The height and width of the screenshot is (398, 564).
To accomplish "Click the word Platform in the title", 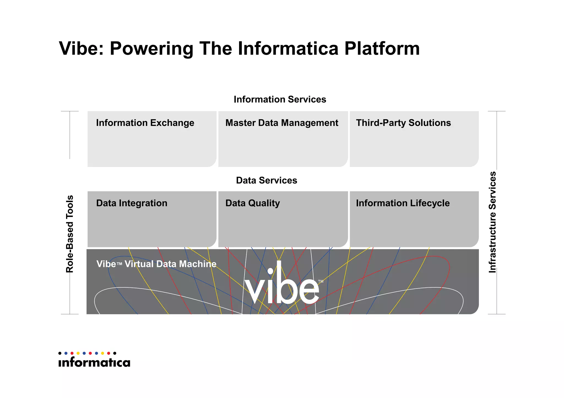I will pos(382,48).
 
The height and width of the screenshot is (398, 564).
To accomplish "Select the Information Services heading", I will pos(280,99).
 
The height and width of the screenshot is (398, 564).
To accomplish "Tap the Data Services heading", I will pos(266,180).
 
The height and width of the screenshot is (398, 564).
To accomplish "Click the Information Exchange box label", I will pos(145,123).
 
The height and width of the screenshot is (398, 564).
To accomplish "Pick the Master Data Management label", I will pos(281,123).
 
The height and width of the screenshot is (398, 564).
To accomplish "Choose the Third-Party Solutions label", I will pos(403,123).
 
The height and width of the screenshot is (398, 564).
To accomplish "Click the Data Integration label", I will pos(132,203).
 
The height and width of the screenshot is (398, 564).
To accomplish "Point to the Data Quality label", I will pos(252,203).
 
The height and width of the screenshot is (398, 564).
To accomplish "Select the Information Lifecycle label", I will pos(403,203).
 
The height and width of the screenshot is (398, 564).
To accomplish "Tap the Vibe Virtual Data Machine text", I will pos(156,264).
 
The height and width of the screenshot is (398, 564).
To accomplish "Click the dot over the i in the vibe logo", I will pos(270,271).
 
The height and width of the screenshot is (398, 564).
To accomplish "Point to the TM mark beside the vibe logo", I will pos(321,281).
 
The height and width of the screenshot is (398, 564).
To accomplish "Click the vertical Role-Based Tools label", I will pos(70,234).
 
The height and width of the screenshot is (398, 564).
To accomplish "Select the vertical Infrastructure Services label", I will pos(492,222).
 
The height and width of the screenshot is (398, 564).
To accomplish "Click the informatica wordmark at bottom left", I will pos(94,363).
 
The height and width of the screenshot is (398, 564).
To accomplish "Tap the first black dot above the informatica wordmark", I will pos(60,353).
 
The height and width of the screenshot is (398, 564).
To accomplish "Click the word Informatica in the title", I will pos(288,48).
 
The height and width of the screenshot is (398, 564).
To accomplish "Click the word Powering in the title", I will pos(151,48).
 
